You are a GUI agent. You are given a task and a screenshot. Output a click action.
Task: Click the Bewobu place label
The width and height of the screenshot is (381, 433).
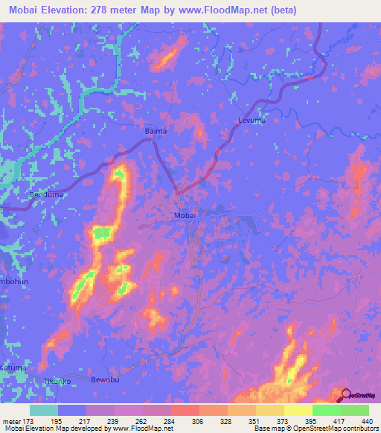[x=105, y=380]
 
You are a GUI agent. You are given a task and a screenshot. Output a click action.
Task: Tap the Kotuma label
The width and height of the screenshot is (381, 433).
[x=13, y=368]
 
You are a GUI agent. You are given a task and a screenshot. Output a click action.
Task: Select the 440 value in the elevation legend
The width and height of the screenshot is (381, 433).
[x=367, y=421]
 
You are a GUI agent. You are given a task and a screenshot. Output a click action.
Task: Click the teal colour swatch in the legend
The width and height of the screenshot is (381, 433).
[x=44, y=410]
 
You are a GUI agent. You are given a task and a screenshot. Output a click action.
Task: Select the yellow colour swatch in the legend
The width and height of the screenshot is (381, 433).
[x=298, y=410]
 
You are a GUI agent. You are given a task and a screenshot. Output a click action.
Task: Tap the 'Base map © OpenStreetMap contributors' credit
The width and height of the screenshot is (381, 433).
[x=316, y=429]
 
